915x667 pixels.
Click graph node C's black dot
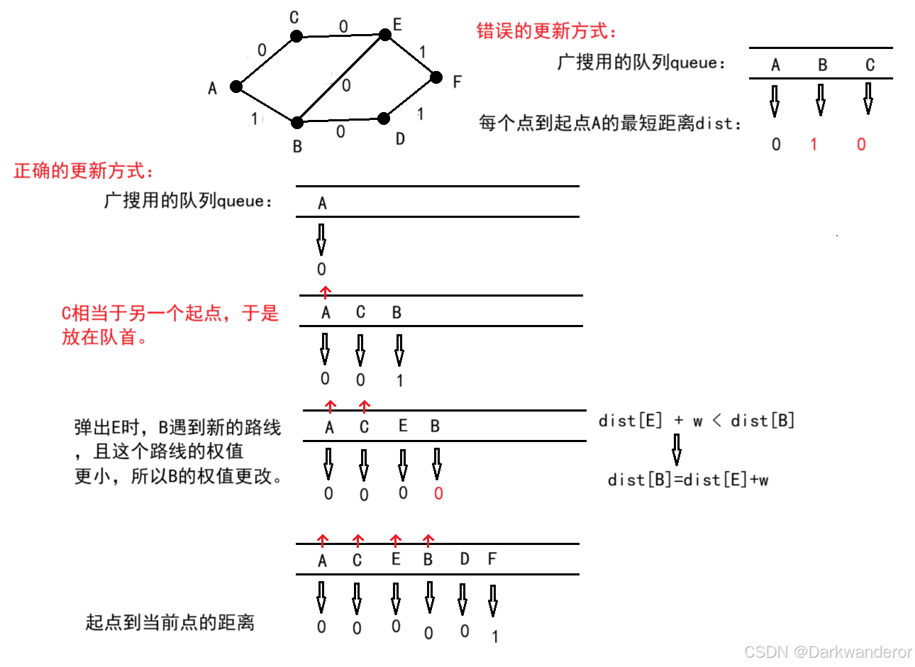(296, 36)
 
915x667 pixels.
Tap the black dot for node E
(385, 34)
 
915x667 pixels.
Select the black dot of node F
(437, 77)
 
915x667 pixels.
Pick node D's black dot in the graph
(384, 118)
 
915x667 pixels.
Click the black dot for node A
(236, 87)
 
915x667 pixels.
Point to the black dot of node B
(297, 123)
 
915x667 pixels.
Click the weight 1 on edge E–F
(423, 52)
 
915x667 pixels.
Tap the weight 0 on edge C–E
(343, 27)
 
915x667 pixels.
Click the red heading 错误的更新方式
(546, 31)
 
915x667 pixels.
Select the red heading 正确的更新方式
(84, 171)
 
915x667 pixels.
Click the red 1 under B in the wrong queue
(814, 145)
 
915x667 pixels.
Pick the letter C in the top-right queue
(870, 65)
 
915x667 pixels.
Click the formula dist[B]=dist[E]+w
(688, 480)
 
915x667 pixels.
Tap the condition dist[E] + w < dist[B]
(696, 421)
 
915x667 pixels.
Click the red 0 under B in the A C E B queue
(438, 494)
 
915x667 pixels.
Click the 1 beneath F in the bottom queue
(495, 637)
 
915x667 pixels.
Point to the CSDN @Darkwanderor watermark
(828, 651)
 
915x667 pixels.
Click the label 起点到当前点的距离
(170, 623)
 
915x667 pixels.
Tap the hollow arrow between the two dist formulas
(677, 449)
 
